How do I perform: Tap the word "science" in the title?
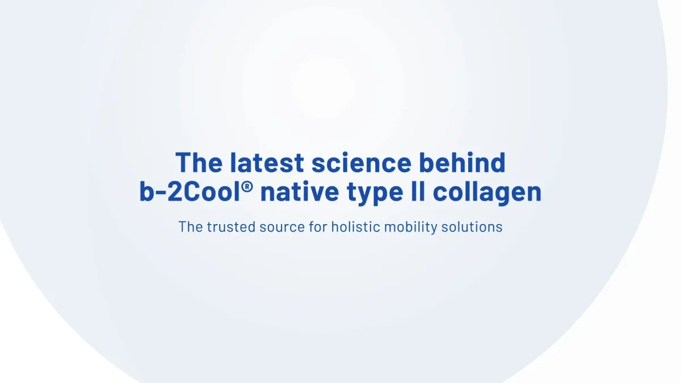pyautogui.click(x=361, y=163)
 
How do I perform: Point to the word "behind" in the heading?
pyautogui.click(x=462, y=163)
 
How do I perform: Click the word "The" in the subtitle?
pyautogui.click(x=190, y=227)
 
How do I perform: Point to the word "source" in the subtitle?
pyautogui.click(x=279, y=227)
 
